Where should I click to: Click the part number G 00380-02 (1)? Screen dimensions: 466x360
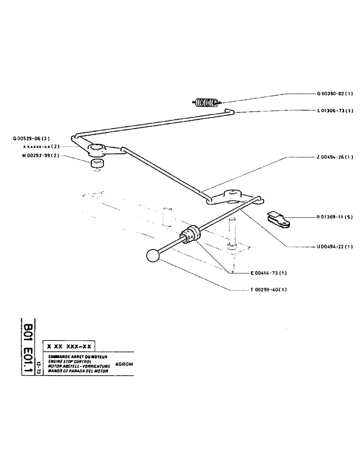[x=335, y=94]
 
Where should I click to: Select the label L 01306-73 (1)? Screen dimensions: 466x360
[x=335, y=111]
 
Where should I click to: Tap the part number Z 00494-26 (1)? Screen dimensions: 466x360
[x=335, y=157]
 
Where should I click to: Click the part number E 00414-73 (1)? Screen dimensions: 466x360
[x=268, y=273]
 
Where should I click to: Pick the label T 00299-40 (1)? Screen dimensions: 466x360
[x=268, y=289]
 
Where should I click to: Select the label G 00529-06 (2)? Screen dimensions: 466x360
[x=31, y=138]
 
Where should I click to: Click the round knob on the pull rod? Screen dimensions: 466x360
[x=153, y=256]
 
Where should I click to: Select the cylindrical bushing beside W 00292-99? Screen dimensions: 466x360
[x=97, y=164]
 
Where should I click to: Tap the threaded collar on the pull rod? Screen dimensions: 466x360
[x=191, y=234]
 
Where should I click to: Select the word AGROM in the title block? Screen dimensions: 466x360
[x=124, y=364]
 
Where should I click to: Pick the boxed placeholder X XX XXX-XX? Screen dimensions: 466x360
[x=69, y=347]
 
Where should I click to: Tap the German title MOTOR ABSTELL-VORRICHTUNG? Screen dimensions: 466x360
[x=78, y=366]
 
